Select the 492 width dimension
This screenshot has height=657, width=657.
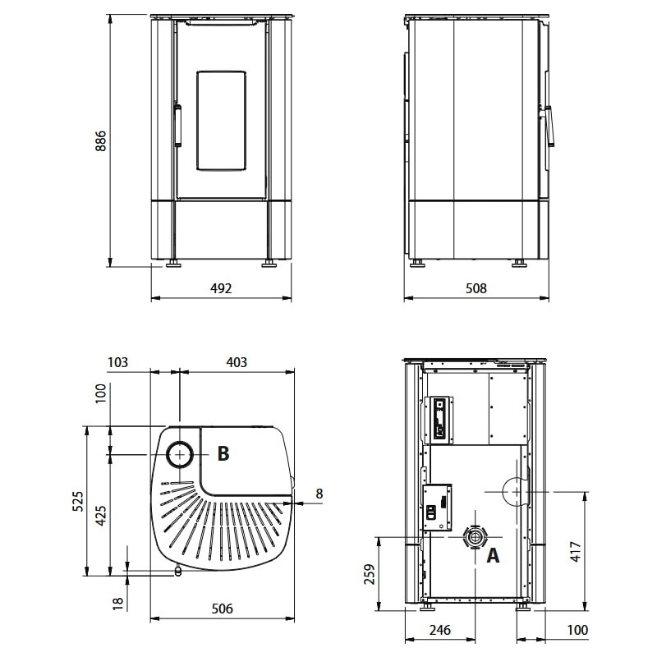click(x=222, y=288)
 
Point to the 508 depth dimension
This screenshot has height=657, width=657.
click(x=476, y=288)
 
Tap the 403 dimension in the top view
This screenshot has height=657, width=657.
click(x=236, y=362)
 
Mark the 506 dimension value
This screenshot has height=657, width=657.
click(x=222, y=609)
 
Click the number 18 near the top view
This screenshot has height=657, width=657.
click(x=118, y=602)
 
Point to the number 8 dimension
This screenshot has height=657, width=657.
click(x=319, y=494)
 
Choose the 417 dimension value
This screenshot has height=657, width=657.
click(x=575, y=550)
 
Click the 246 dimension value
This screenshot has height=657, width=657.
click(x=439, y=631)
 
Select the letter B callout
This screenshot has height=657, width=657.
click(x=223, y=453)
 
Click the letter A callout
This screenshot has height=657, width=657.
click(x=493, y=556)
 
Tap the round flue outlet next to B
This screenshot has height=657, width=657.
click(x=181, y=453)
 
